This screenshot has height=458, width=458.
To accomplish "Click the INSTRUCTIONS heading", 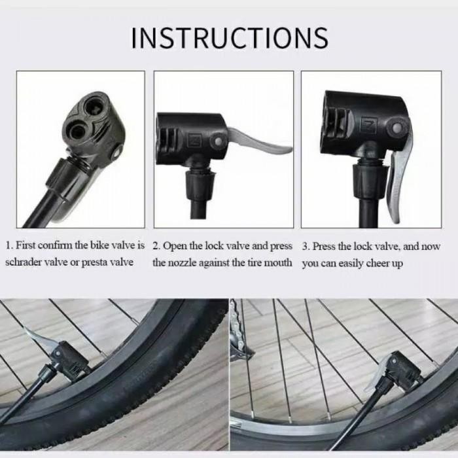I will [229, 38].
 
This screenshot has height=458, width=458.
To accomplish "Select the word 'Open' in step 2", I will [175, 247].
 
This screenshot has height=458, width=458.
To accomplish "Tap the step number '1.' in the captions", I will [9, 247].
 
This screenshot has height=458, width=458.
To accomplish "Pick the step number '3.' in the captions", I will [306, 247].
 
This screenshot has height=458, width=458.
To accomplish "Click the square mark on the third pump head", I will [368, 123].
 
